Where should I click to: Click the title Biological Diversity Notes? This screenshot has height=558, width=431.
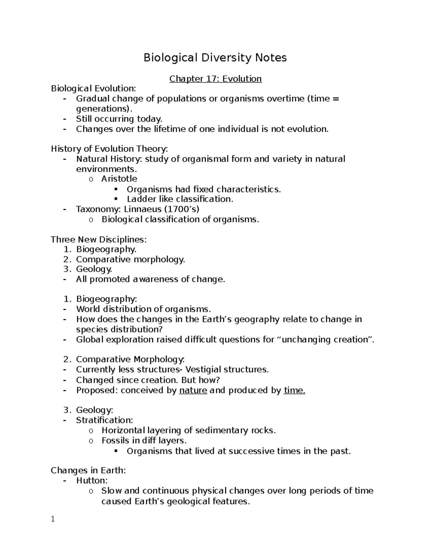click(215, 57)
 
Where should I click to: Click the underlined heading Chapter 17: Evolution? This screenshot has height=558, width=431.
click(215, 79)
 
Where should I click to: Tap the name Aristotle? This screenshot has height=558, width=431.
click(119, 179)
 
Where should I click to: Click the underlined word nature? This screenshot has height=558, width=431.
click(193, 391)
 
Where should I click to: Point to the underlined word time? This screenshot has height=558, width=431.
click(294, 391)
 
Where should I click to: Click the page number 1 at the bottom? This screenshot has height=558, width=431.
click(53, 519)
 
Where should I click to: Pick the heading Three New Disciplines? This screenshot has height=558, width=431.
click(98, 240)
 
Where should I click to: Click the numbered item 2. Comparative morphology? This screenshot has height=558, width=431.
click(130, 259)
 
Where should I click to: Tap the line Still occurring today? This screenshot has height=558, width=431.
click(119, 119)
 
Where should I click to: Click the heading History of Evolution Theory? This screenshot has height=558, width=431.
click(109, 149)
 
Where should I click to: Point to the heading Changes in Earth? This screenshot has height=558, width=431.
click(88, 470)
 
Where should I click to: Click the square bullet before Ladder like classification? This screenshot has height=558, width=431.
click(116, 199)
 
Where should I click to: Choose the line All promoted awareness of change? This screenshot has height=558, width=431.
click(150, 279)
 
